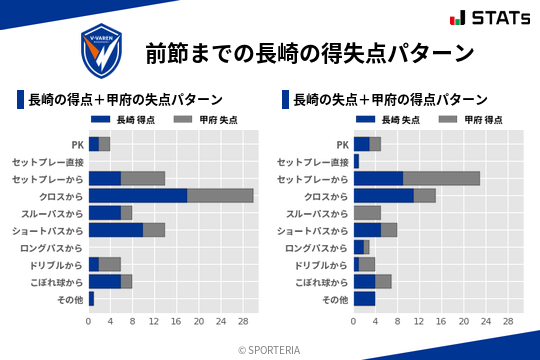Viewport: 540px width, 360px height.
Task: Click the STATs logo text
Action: click(x=492, y=18)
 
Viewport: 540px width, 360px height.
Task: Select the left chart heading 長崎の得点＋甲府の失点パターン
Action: click(x=125, y=99)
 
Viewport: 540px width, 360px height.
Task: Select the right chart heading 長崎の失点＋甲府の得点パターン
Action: click(x=390, y=99)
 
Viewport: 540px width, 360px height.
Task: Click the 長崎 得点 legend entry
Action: click(x=117, y=120)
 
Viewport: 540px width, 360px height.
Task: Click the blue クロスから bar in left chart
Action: click(x=138, y=195)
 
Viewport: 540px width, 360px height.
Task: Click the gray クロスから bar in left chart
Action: click(x=220, y=195)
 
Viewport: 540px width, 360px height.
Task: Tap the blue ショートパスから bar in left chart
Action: click(x=116, y=229)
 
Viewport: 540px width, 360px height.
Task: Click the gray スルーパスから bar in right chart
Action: click(x=367, y=212)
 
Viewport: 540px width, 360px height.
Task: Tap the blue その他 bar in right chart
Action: click(x=364, y=298)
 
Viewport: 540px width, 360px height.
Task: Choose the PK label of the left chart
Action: click(x=77, y=144)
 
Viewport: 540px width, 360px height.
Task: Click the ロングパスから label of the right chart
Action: click(x=316, y=247)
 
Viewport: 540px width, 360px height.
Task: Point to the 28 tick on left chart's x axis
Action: click(x=242, y=322)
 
